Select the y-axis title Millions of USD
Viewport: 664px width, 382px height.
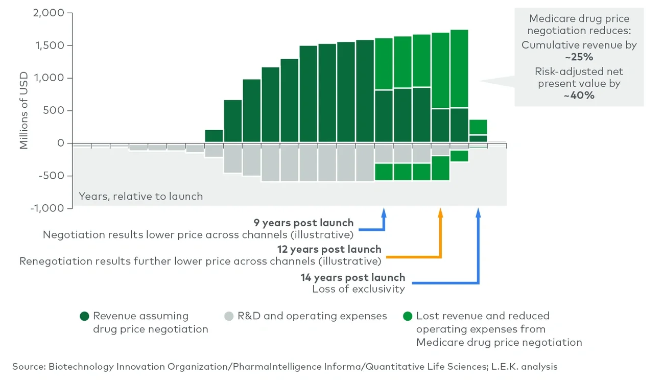(23, 111)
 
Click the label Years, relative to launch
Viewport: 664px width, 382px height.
(140, 197)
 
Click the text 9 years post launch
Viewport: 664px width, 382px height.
(303, 223)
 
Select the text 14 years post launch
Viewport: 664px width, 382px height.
(352, 278)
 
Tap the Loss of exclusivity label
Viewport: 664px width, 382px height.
(358, 289)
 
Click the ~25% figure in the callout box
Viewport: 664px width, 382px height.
(579, 57)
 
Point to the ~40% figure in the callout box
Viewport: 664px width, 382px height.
(579, 95)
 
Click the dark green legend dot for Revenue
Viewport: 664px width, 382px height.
(85, 316)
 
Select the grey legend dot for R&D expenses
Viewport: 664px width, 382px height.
(229, 316)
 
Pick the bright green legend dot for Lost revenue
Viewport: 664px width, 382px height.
(408, 316)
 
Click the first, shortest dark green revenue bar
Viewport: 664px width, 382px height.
(214, 136)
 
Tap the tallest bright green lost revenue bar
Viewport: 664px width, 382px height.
(459, 68)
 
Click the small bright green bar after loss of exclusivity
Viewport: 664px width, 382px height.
(478, 127)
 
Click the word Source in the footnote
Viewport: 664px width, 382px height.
(28, 367)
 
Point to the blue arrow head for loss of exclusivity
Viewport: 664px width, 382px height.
(478, 211)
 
